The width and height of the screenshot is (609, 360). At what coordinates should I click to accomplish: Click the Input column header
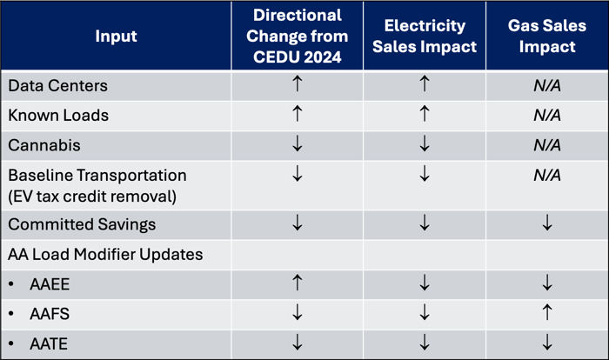117,37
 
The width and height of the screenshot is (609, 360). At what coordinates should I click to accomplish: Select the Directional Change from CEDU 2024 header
298,37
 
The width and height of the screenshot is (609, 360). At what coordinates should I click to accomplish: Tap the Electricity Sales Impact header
425,37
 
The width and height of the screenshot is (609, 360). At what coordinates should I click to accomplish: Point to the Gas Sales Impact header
547,37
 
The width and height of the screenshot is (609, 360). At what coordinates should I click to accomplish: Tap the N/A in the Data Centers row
547,85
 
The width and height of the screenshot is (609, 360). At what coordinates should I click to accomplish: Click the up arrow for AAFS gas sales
547,314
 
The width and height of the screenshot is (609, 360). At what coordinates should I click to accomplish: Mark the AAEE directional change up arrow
298,284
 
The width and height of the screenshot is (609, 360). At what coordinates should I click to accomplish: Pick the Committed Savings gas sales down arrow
547,224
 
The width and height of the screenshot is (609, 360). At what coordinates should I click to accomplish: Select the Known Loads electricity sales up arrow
425,115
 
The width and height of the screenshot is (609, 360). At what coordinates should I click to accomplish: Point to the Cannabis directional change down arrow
298,144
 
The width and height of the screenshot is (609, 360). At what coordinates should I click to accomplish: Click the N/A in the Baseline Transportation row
547,174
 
